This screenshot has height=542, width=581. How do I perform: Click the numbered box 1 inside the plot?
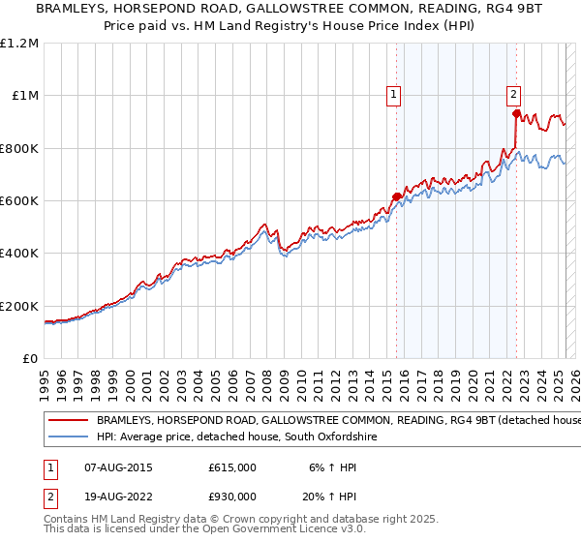point(395,94)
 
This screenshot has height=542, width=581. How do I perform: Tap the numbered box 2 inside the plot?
point(513,94)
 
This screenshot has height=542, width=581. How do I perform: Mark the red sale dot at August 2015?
point(396,197)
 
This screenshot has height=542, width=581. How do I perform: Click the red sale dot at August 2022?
point(515,114)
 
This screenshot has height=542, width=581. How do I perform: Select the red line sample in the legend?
point(67,421)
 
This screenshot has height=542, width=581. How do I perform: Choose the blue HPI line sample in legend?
point(67,438)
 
